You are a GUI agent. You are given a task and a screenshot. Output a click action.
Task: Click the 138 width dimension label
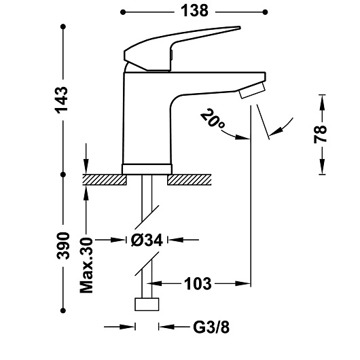194,11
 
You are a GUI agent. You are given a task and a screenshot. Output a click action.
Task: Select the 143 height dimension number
62,100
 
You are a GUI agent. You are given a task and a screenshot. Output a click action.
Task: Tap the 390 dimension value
63,246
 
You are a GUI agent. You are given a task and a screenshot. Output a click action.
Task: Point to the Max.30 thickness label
86,265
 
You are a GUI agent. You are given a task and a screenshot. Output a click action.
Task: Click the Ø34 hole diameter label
147,240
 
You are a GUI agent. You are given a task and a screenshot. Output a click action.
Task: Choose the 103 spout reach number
198,284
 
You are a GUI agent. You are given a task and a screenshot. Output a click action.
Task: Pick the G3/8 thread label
211,327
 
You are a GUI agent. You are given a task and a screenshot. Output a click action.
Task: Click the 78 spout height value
320,134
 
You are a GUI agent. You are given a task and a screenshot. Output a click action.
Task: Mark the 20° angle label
213,119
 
